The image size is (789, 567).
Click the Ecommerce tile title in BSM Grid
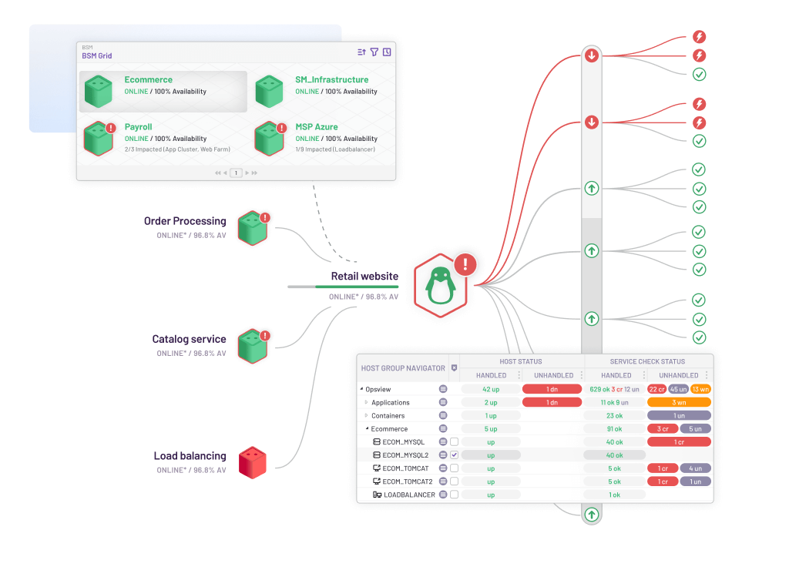(149, 79)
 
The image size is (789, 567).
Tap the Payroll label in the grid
(139, 126)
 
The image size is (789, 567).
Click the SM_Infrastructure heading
(331, 79)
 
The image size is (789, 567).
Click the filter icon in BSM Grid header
(374, 52)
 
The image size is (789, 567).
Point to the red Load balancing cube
(252, 462)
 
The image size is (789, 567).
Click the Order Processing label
(185, 221)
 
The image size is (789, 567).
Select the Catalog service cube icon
(252, 346)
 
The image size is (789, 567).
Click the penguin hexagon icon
(440, 285)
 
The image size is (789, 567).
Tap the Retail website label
(364, 276)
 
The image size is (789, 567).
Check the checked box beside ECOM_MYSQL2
(455, 455)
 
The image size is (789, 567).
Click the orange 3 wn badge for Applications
(679, 402)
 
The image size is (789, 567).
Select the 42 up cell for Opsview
(491, 389)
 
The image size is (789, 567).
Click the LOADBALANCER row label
(409, 495)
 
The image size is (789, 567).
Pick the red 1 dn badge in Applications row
(552, 402)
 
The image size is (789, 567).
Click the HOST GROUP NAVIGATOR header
(403, 368)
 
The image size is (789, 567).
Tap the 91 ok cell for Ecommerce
(614, 429)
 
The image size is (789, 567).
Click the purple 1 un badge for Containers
(679, 416)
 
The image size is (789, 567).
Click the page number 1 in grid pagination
(236, 173)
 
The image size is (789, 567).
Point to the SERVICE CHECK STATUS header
(647, 361)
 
